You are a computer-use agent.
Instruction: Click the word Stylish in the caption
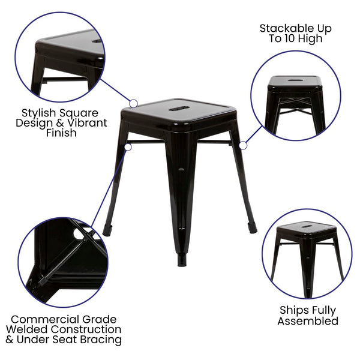41,112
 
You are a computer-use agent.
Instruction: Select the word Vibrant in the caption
85,123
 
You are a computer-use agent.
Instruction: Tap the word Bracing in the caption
103,340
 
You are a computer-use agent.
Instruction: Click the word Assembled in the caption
308,321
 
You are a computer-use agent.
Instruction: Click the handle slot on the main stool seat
179,109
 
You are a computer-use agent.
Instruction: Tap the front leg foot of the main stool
181,260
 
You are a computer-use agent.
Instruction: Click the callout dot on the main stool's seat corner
133,104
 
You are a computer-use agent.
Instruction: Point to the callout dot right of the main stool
243,145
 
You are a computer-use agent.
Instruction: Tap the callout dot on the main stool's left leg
127,146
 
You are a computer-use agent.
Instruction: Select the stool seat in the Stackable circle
295,81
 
